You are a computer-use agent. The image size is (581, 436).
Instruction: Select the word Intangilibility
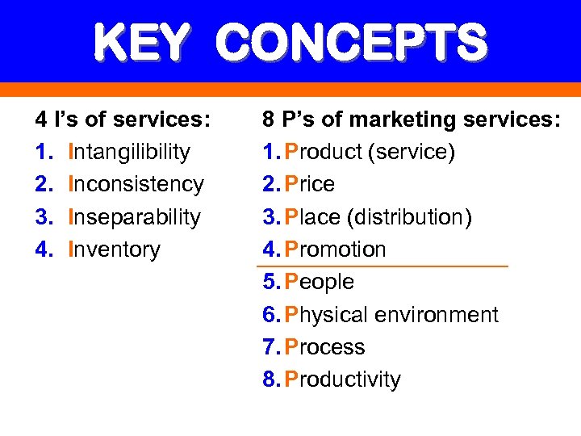[130, 152]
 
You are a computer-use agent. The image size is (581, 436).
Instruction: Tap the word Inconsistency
[136, 184]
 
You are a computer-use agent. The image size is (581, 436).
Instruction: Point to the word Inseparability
[135, 217]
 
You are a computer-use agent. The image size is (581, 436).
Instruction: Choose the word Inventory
[115, 249]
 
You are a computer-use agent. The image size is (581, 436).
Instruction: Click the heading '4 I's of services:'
[123, 119]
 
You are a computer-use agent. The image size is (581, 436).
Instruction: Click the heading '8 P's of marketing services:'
[411, 119]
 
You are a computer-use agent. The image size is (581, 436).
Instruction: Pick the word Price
[310, 184]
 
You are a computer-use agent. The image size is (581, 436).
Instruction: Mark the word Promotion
[336, 249]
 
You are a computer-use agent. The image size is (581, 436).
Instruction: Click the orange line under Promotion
[382, 266]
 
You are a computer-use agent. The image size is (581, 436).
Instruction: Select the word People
[320, 282]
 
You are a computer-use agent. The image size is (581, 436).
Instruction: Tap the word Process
[325, 347]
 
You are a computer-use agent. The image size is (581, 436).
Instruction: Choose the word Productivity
[343, 379]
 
